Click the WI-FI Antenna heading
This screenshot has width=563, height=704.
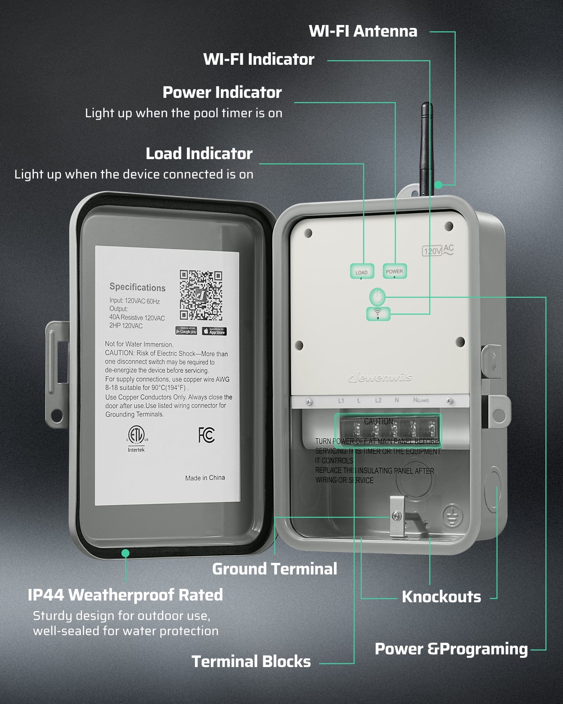tap(363, 31)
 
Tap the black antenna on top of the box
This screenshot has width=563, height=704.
tap(426, 148)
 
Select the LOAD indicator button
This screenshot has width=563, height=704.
tap(362, 272)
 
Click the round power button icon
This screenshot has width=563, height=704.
tap(377, 296)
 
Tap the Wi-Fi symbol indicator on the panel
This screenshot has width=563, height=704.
tap(378, 313)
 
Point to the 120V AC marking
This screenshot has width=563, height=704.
tap(438, 250)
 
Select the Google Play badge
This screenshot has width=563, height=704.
tap(186, 331)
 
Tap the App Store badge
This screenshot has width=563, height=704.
tap(214, 332)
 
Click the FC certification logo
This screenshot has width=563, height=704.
tap(206, 435)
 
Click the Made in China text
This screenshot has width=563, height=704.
tap(205, 478)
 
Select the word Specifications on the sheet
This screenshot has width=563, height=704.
tap(137, 287)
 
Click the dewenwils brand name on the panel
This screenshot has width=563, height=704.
tap(380, 378)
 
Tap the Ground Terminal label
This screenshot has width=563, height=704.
tap(274, 569)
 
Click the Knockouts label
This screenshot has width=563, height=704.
tap(441, 597)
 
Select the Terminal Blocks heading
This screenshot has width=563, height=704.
tap(251, 661)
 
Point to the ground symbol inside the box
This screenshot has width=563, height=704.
tap(453, 515)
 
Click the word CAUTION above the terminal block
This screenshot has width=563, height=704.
tap(378, 421)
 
